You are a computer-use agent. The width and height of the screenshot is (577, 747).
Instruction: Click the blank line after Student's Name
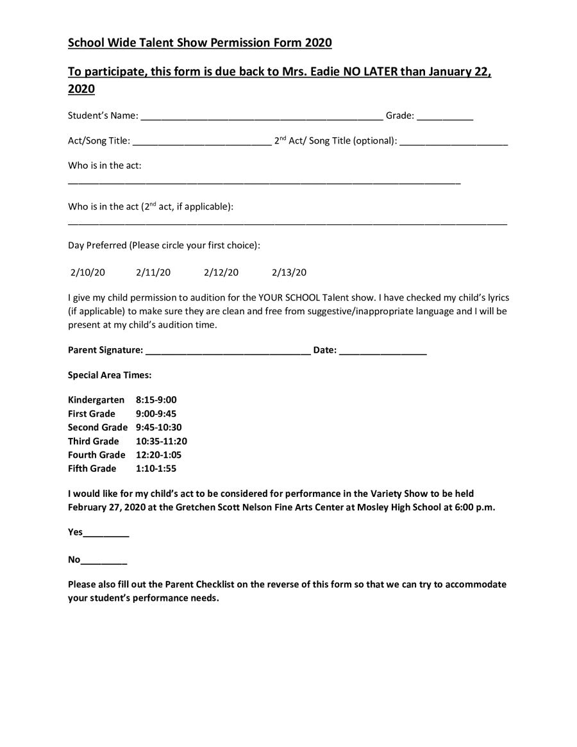click(x=262, y=117)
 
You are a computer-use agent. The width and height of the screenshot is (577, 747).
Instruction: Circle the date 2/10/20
click(x=88, y=273)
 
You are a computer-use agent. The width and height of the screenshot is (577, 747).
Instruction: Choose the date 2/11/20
click(x=153, y=273)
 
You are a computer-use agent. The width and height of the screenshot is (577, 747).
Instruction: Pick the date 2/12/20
click(x=221, y=273)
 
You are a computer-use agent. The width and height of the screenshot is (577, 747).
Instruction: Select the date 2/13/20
click(x=289, y=273)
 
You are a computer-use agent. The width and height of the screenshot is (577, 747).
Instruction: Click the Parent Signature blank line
click(x=228, y=351)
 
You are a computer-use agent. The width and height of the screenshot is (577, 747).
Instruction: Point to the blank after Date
click(x=383, y=351)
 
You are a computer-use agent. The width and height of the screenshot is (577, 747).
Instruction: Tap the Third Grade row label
click(x=94, y=441)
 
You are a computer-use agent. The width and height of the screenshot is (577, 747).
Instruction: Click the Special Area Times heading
click(x=110, y=375)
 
